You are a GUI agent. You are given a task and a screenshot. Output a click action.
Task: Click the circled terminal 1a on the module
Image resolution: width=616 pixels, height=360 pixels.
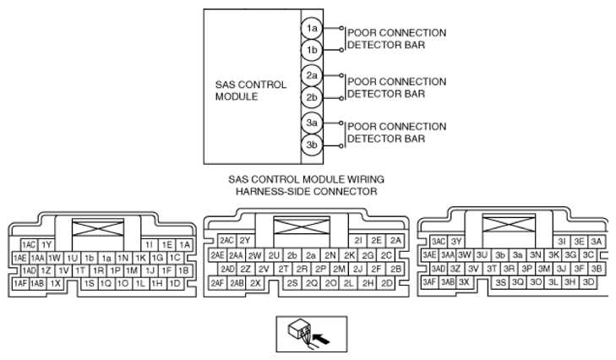point(312,29)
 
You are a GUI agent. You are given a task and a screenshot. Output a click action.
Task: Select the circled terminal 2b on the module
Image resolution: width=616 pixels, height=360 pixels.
point(312,97)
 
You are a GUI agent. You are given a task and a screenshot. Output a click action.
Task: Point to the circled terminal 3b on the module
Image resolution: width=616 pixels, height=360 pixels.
point(312,145)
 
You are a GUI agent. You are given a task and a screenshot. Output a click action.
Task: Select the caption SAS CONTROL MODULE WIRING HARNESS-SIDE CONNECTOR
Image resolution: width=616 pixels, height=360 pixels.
point(307,185)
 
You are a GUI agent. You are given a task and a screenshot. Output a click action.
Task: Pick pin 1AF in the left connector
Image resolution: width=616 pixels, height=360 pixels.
point(19,283)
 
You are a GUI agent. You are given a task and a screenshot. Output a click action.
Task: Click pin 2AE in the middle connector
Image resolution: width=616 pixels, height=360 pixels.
point(217,255)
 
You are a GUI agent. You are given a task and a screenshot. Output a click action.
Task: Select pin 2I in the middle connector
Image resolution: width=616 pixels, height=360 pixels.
point(358,241)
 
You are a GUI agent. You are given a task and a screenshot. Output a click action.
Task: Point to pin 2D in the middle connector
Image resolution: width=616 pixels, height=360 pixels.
point(387,282)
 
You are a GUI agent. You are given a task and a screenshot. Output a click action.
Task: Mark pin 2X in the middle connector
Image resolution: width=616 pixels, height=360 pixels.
point(256,282)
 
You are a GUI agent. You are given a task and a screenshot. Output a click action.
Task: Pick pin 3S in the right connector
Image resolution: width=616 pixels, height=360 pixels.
point(501,281)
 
